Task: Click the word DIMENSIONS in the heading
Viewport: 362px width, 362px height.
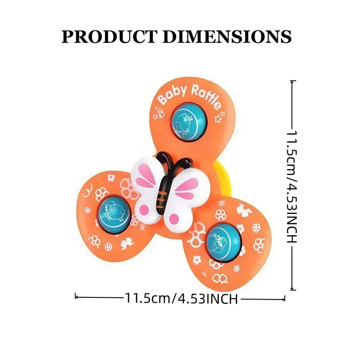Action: click(x=227, y=36)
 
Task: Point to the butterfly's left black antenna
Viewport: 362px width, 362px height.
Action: click(x=164, y=159)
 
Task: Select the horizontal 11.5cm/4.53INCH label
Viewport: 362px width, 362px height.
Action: click(x=181, y=299)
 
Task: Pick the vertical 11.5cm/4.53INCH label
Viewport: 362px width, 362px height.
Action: click(x=293, y=186)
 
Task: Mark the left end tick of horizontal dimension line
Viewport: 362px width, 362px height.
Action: click(x=76, y=297)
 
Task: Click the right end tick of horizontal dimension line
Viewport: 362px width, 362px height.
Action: click(x=285, y=298)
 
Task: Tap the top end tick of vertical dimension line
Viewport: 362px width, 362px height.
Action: click(x=293, y=81)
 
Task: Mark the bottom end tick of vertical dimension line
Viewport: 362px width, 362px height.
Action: click(x=293, y=290)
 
